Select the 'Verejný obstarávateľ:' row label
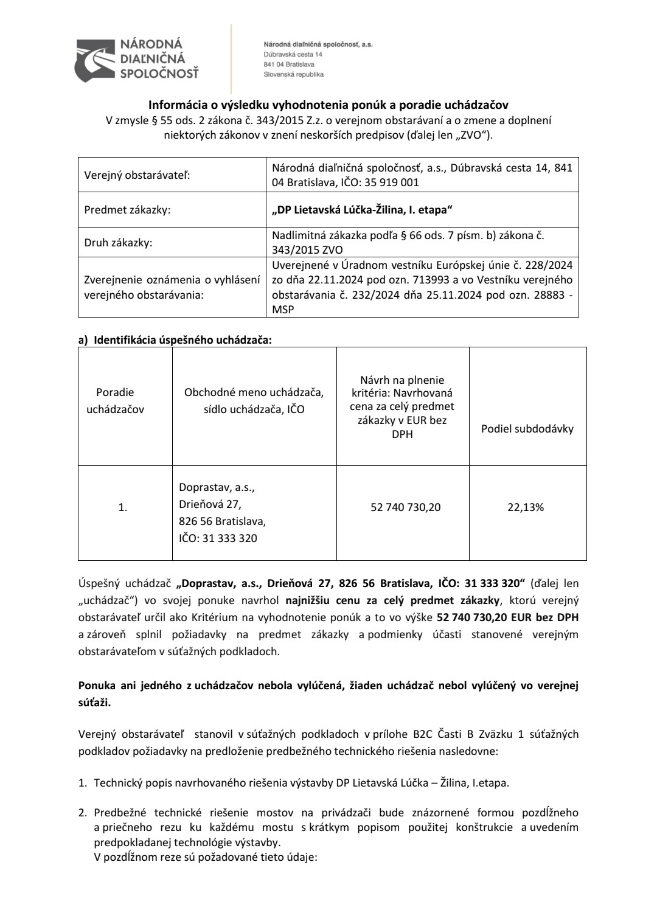tap(137, 175)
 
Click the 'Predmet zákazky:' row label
tap(127, 210)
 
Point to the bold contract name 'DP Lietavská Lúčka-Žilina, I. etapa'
tap(363, 210)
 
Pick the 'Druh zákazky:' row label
tap(118, 243)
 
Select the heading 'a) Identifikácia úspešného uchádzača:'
tap(175, 340)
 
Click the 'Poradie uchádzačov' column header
tap(115, 401)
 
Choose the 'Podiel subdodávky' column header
tap(527, 429)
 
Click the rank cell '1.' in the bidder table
tap(123, 507)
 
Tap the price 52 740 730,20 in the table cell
tap(405, 507)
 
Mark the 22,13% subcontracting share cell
tap(526, 507)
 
